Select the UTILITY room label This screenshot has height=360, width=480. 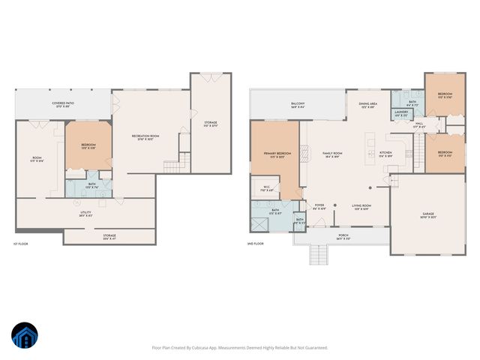tap(85, 213)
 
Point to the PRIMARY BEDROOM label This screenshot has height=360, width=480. tap(275, 154)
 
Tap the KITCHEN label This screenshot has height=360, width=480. tap(385, 153)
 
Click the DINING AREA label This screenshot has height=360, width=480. tap(368, 105)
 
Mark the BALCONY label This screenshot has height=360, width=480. tap(298, 105)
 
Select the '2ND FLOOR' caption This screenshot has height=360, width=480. tap(256, 244)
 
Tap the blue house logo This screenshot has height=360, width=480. tap(25, 336)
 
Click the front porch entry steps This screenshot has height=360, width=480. tap(321, 255)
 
